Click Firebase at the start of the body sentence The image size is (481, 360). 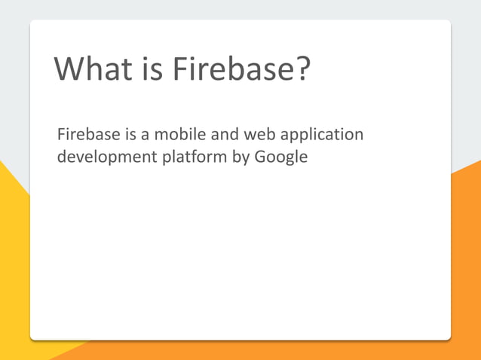[x=85, y=135]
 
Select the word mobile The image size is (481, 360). [x=171, y=135]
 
